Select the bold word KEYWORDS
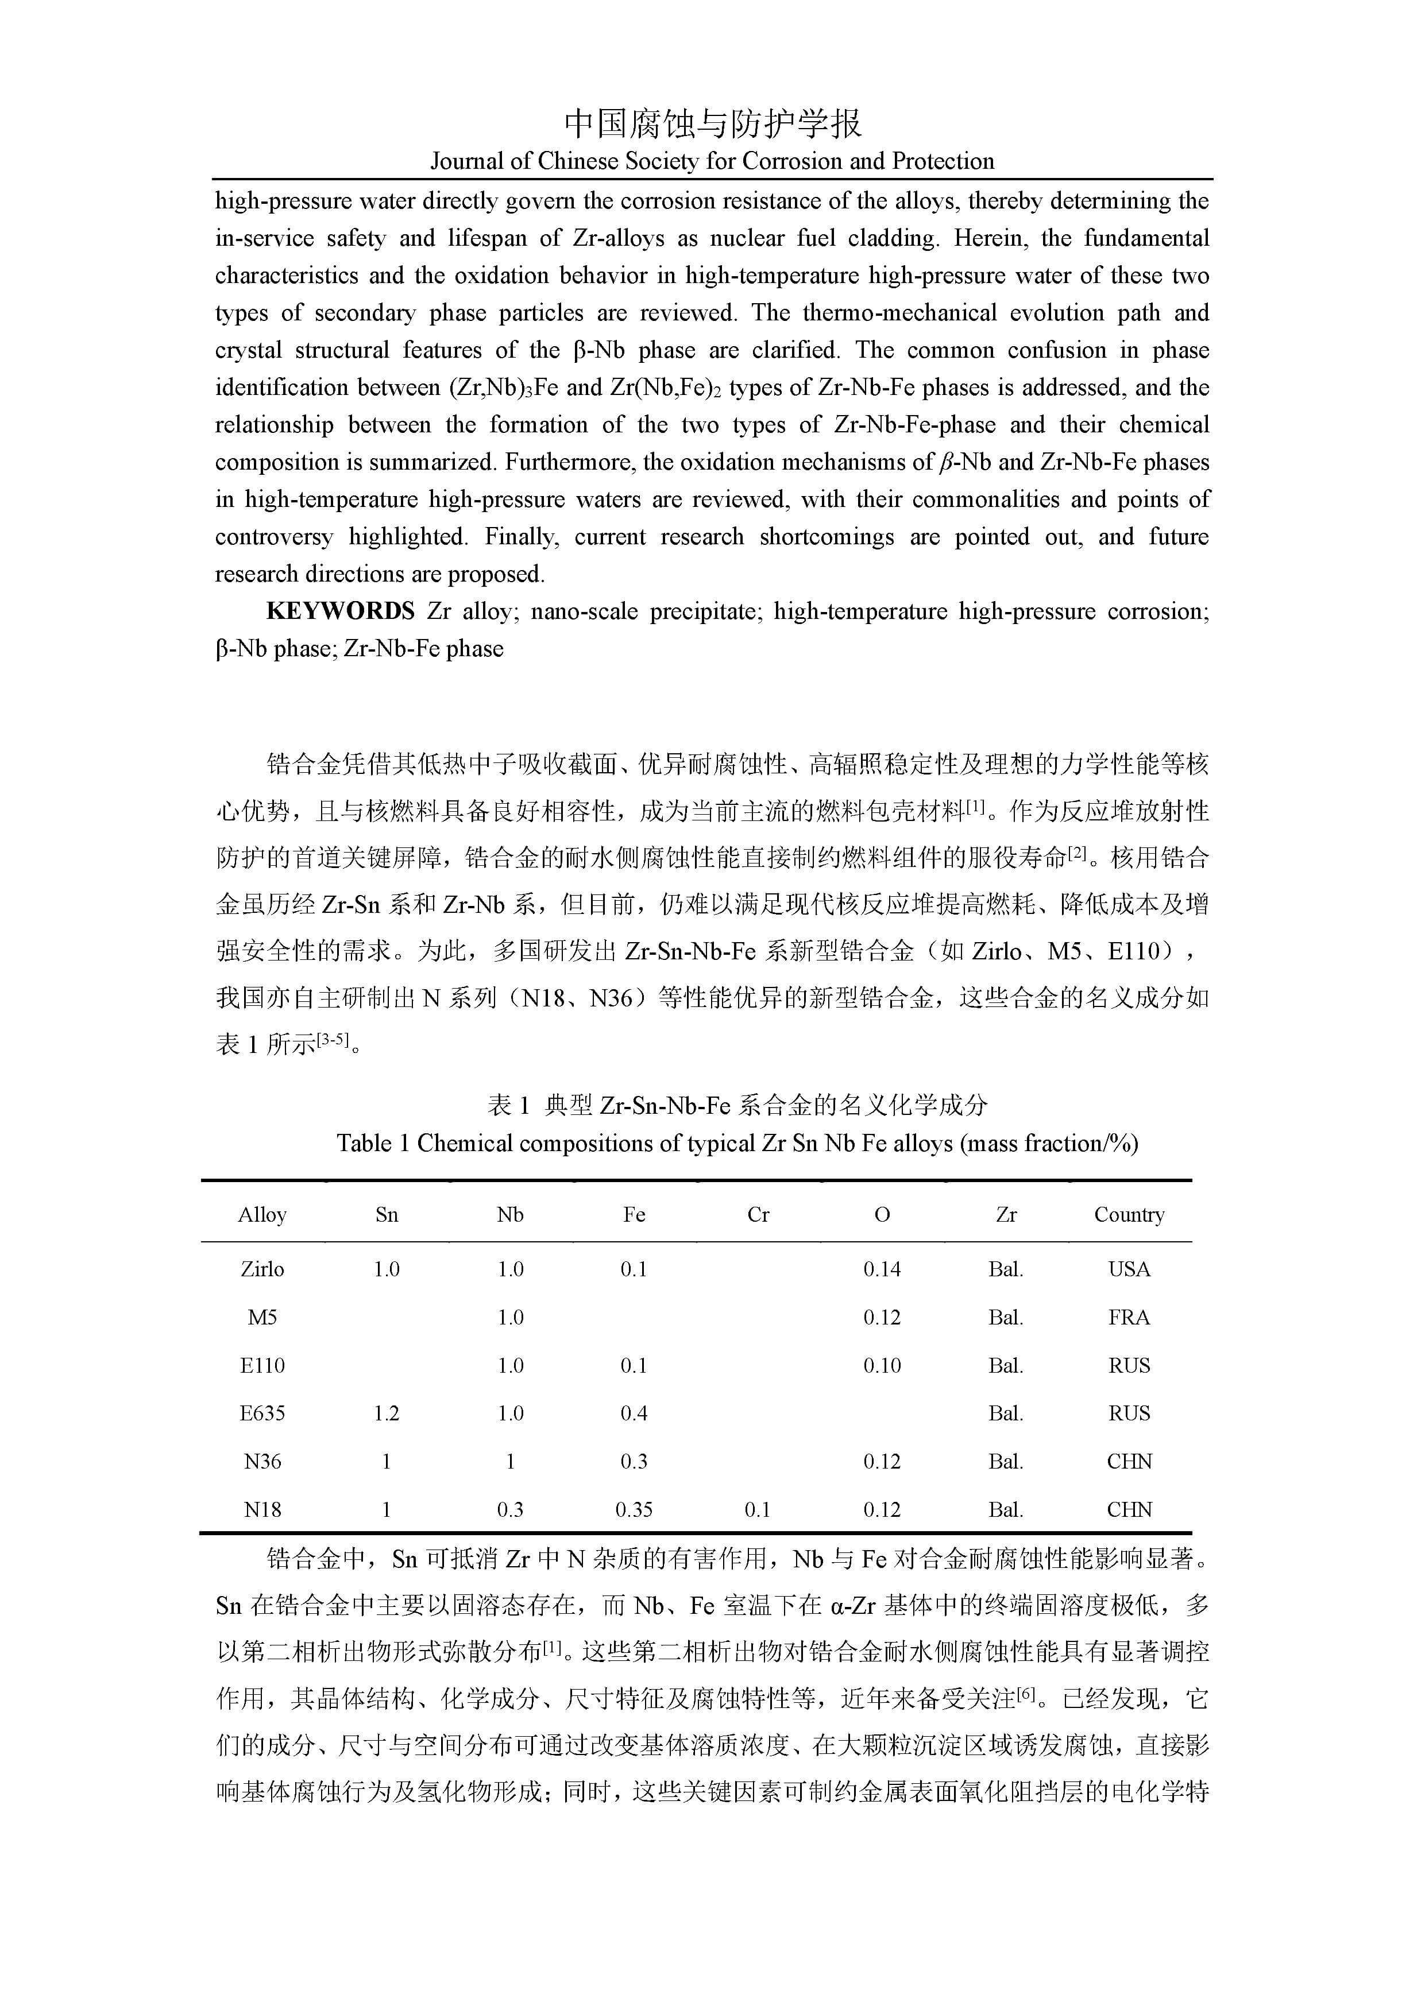click(341, 611)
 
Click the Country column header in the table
click(1129, 1215)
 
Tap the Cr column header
click(758, 1215)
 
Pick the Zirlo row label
click(262, 1269)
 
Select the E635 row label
click(262, 1413)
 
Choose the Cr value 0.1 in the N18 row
click(757, 1509)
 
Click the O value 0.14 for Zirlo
click(882, 1269)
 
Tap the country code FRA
click(1129, 1318)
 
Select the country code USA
click(1129, 1269)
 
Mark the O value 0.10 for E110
click(882, 1366)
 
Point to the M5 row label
click(262, 1318)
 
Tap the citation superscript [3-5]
click(334, 1040)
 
